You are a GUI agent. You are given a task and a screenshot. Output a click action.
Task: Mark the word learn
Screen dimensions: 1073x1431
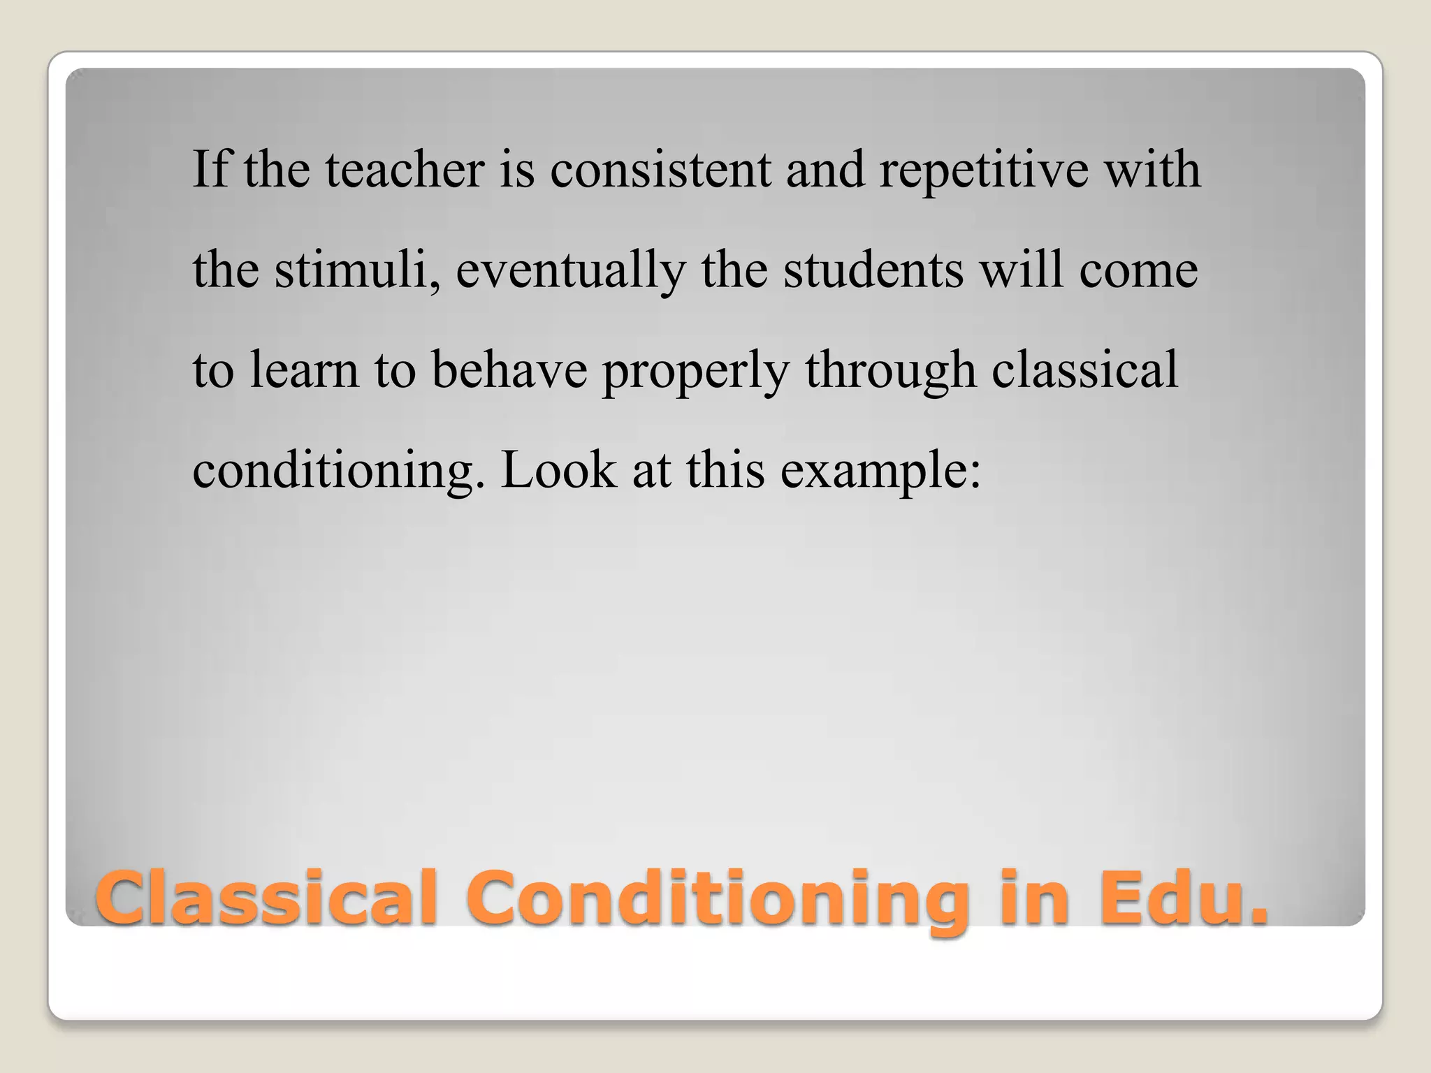pyautogui.click(x=304, y=370)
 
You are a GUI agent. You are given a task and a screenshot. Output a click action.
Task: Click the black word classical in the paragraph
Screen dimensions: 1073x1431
pyautogui.click(x=1084, y=370)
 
